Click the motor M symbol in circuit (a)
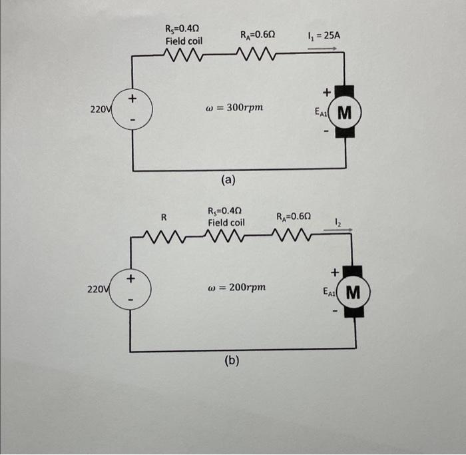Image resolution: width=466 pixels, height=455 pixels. [x=344, y=111]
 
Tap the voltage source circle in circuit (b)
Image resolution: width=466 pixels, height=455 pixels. [x=130, y=288]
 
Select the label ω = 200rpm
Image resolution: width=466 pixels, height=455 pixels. [x=237, y=287]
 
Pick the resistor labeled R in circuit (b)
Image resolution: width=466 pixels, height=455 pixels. [x=164, y=236]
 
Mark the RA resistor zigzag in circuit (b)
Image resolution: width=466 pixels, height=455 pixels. [x=294, y=236]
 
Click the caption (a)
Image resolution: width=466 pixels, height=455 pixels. [x=228, y=180]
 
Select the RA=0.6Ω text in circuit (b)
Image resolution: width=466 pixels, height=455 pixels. [x=294, y=217]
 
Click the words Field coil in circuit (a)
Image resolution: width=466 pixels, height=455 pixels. [x=184, y=41]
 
